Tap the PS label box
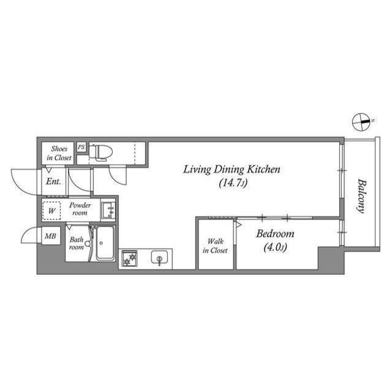(81, 147)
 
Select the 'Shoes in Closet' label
(59, 153)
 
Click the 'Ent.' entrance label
(52, 181)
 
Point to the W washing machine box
(53, 210)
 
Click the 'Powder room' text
(80, 209)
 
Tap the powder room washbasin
(109, 210)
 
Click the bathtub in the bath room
(104, 243)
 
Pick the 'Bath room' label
(75, 244)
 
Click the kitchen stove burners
(129, 260)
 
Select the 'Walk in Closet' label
(216, 246)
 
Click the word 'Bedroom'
(275, 234)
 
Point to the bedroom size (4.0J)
(275, 248)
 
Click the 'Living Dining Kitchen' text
(232, 170)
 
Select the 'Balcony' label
(361, 195)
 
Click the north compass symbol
(362, 122)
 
